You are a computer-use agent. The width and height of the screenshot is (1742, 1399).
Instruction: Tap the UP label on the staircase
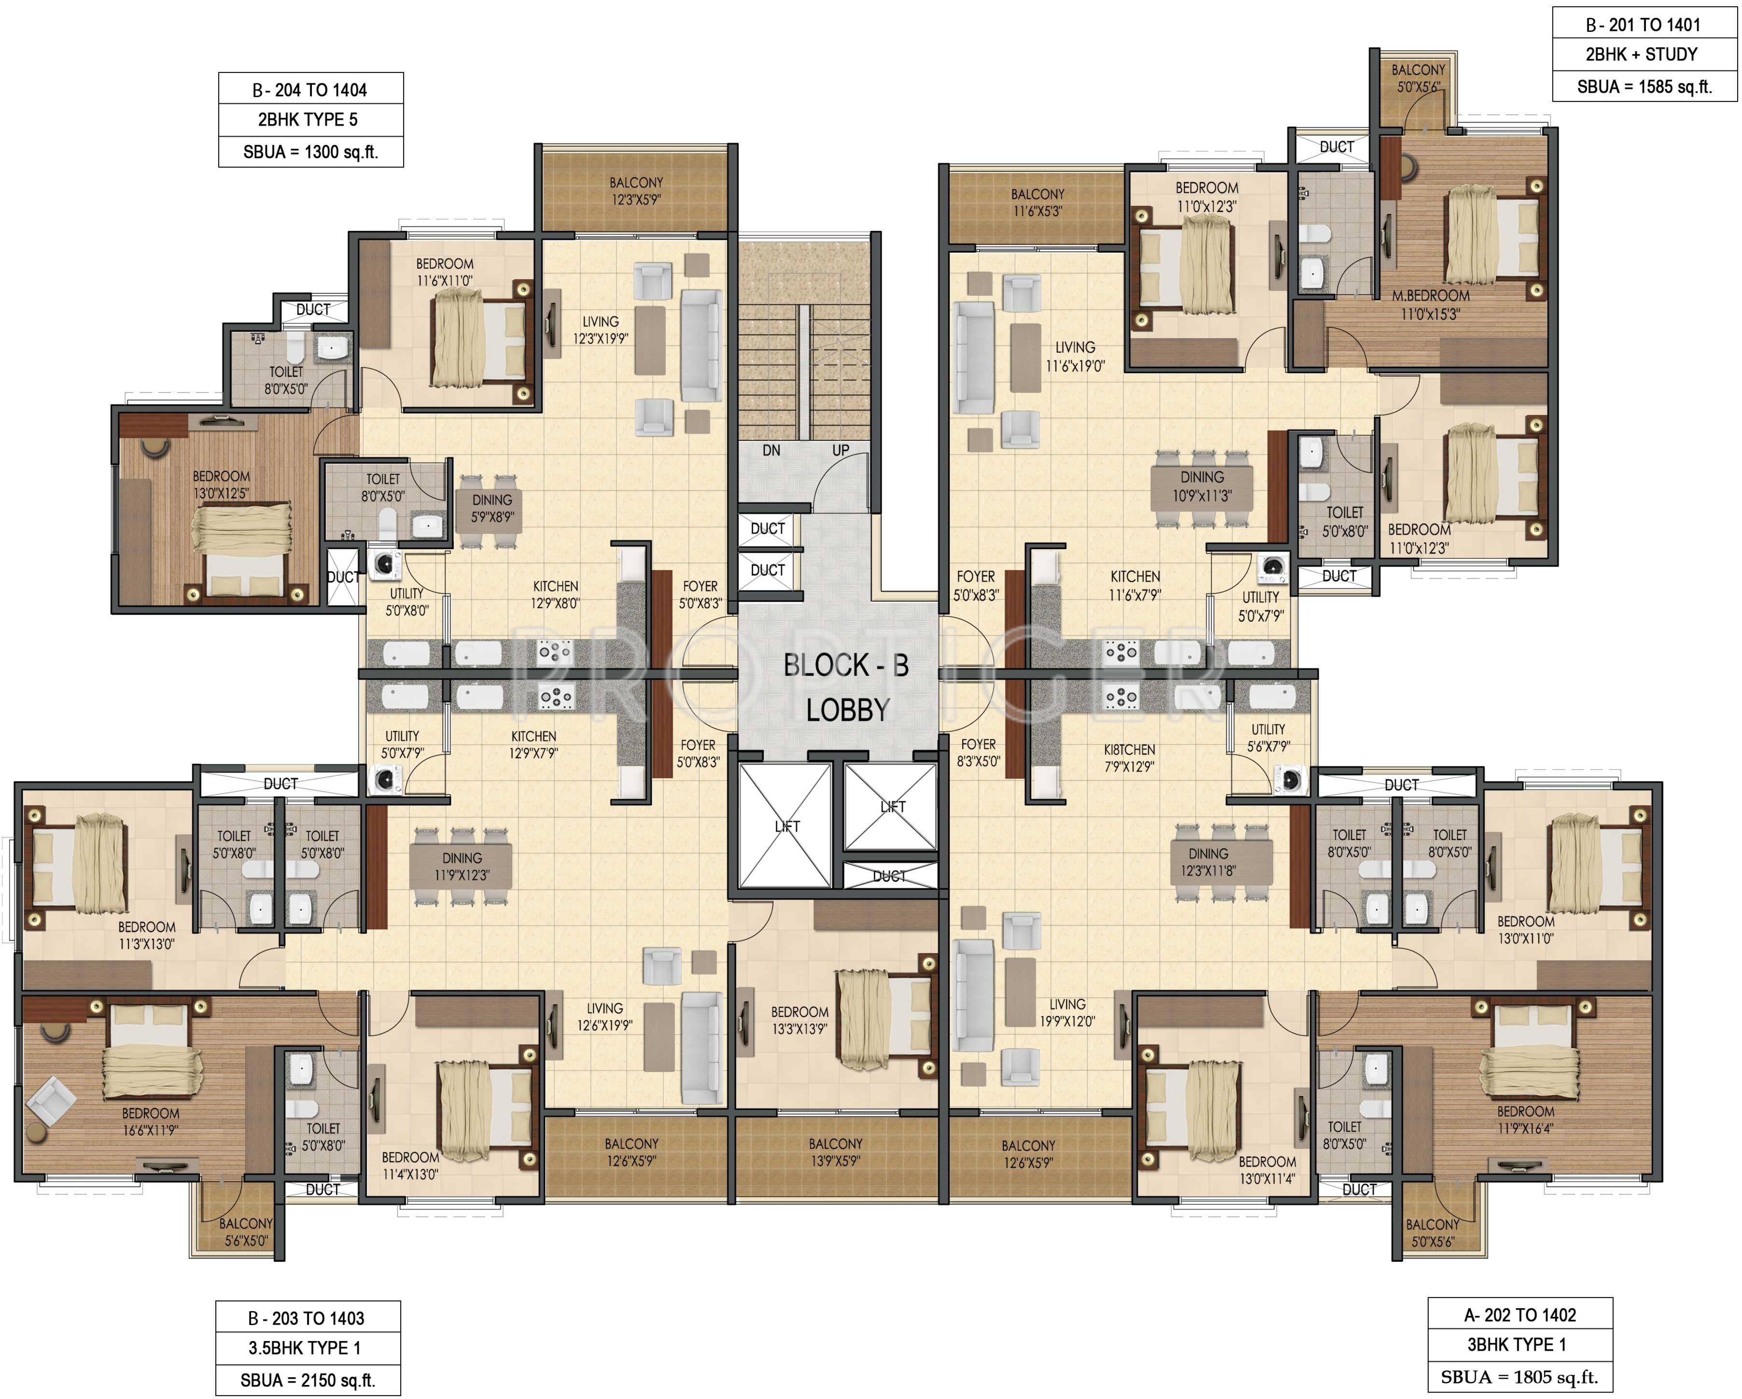840,450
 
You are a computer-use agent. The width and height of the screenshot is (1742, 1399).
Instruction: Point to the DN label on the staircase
772,450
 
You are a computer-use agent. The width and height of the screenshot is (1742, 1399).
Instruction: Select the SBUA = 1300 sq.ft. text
311,152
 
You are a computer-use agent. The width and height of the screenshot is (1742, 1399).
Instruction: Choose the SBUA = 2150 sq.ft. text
308,1381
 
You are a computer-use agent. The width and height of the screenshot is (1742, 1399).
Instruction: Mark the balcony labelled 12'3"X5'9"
636,191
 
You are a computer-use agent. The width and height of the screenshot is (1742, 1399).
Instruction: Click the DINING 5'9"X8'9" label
492,508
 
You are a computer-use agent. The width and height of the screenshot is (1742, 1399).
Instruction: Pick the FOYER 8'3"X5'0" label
979,753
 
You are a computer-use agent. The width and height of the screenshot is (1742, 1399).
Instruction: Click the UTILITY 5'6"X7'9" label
1268,738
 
